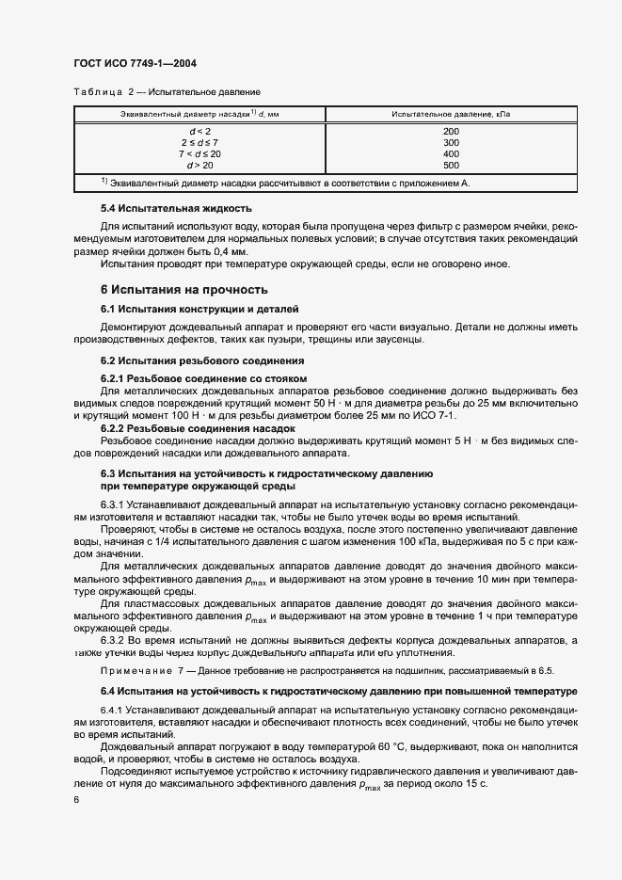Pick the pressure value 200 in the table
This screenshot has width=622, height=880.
point(451,131)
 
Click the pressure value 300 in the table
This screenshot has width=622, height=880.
point(451,142)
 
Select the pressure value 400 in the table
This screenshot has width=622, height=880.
point(451,153)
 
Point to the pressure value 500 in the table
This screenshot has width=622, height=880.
point(451,165)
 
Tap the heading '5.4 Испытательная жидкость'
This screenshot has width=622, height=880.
point(177,207)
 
